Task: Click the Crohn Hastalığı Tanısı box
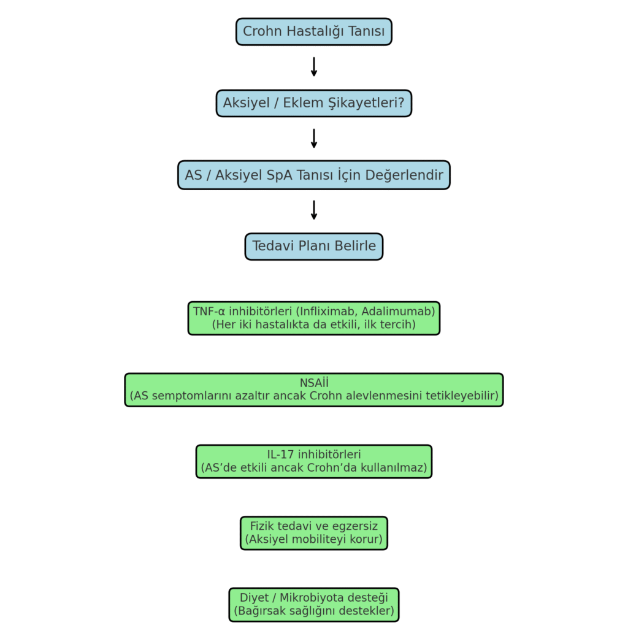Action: click(x=313, y=32)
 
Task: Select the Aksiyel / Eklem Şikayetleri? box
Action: click(x=313, y=104)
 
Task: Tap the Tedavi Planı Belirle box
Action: click(x=313, y=247)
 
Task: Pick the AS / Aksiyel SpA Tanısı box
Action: click(x=313, y=175)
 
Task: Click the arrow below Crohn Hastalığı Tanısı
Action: click(x=314, y=67)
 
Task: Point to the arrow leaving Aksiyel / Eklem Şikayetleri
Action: click(x=314, y=139)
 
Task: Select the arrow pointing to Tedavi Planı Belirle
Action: click(x=314, y=210)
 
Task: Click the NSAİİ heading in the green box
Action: click(x=314, y=383)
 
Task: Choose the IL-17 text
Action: click(x=280, y=454)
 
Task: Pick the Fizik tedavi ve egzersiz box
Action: click(x=314, y=533)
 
